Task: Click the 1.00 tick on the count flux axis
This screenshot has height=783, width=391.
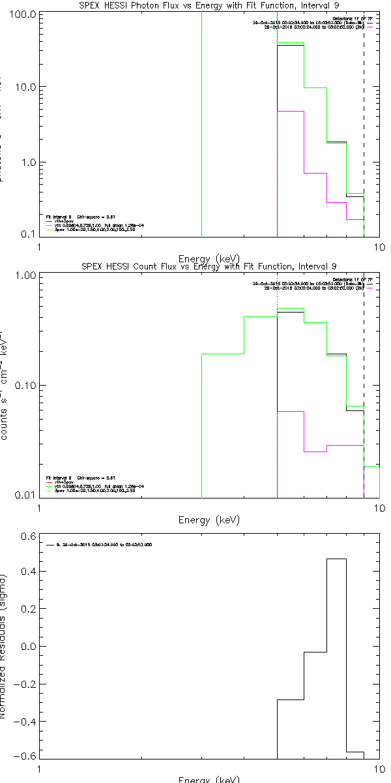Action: pyautogui.click(x=23, y=275)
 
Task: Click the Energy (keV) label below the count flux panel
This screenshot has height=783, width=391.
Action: pyautogui.click(x=209, y=520)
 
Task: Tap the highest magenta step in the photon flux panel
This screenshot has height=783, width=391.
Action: pyautogui.click(x=291, y=112)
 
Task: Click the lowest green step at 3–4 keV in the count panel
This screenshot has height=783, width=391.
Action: pyautogui.click(x=223, y=354)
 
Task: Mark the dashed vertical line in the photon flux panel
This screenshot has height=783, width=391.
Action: pyautogui.click(x=364, y=130)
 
